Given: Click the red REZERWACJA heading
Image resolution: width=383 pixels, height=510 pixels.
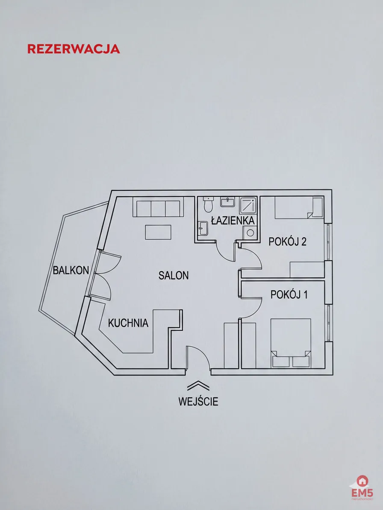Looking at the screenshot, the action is pos(74,49).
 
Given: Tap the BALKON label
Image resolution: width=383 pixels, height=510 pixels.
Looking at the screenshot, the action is pos(71,270).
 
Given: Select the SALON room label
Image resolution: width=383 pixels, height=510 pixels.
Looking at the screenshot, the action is pos(174,276).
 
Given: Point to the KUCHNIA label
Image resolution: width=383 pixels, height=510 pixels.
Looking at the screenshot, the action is pos(128,323).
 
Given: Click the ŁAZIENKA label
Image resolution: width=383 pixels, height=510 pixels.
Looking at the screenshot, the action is pos(233,221).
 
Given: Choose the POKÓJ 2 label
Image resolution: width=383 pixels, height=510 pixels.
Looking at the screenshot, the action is pos(288,242).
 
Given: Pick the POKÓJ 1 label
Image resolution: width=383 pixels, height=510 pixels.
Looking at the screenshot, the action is pos(289,294).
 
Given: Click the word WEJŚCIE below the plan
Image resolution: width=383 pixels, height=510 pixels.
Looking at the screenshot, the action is pos(198,401).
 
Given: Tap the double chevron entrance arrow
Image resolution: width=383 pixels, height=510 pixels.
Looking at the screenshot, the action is pos(198,385).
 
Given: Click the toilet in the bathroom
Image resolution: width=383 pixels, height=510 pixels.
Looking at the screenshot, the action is pos(208,204).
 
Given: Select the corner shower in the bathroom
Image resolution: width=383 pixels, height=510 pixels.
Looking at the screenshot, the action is pos(248,205).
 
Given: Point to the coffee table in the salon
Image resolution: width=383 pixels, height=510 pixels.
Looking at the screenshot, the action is pos(158,232).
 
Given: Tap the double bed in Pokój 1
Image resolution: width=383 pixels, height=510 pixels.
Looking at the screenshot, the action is pos(291,343).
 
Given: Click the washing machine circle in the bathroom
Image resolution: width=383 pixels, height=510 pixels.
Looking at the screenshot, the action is pos(250,233).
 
